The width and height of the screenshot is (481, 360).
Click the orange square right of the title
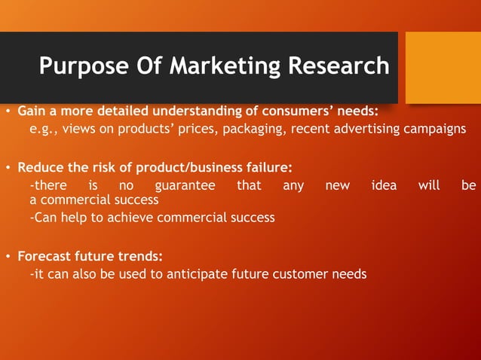(443, 67)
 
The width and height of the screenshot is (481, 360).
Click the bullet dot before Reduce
(8, 167)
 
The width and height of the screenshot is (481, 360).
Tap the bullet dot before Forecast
(8, 256)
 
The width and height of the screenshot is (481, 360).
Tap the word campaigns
(435, 129)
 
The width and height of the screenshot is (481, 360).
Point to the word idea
(384, 185)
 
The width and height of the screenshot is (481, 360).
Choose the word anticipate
(195, 274)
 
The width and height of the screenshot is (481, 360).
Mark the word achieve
(132, 218)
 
